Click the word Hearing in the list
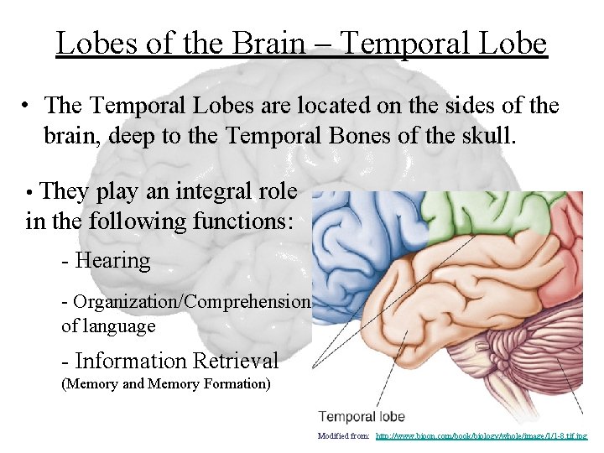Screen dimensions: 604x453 pyautogui.click(x=112, y=261)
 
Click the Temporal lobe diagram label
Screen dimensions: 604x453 pyautogui.click(x=362, y=416)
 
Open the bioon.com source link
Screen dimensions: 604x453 pyautogui.click(x=482, y=436)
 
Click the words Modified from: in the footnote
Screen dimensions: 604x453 pyautogui.click(x=344, y=436)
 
